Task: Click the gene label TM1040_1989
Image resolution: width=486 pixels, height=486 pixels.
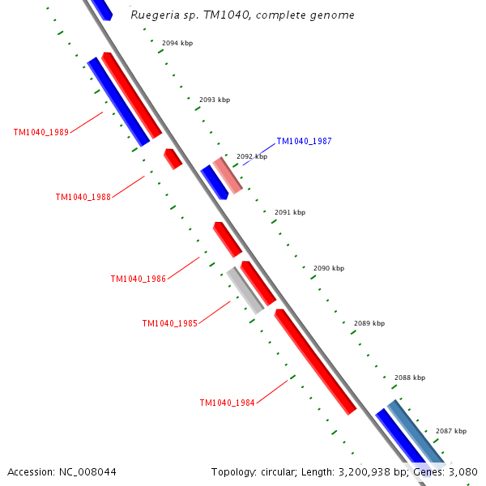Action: (41, 132)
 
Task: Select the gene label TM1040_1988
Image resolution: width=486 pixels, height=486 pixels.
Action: (83, 197)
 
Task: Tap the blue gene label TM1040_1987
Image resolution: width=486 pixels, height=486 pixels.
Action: (304, 141)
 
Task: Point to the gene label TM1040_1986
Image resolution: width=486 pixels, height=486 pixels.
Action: (138, 279)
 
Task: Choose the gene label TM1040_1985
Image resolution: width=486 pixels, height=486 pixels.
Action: (169, 323)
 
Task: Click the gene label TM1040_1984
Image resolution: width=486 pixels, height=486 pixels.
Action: (227, 403)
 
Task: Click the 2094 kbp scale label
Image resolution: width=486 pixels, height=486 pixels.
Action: (177, 42)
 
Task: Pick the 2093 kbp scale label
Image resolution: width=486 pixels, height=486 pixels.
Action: (214, 100)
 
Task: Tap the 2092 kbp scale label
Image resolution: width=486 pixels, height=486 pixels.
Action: (251, 156)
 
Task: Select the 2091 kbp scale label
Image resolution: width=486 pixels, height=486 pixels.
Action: (289, 212)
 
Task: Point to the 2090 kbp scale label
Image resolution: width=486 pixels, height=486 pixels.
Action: (328, 268)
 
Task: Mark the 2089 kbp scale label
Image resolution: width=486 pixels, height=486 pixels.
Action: (369, 323)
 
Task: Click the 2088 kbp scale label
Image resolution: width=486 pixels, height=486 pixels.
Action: (409, 377)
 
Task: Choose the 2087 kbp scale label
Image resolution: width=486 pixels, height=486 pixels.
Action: (450, 431)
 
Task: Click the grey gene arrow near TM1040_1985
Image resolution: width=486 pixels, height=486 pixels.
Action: (245, 290)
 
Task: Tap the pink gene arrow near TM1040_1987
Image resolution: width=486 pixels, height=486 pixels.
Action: (228, 175)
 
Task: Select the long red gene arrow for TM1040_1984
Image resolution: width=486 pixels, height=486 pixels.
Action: (315, 361)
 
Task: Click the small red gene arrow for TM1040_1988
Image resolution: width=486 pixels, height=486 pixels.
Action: (173, 158)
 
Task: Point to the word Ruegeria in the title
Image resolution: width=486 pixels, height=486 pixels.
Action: (156, 15)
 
